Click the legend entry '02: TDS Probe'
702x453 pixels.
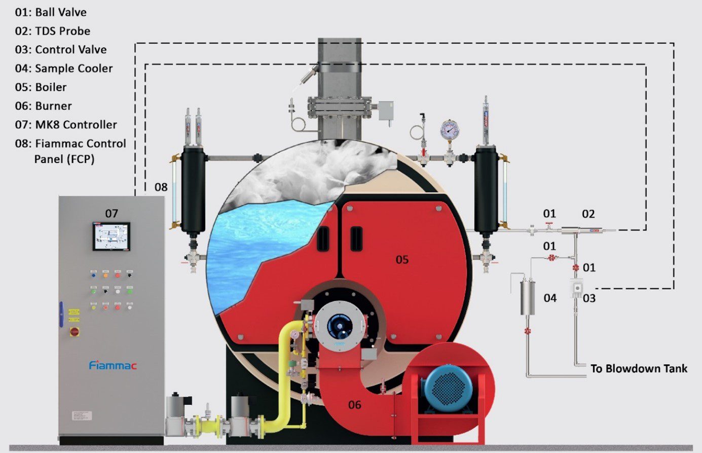pos(53,31)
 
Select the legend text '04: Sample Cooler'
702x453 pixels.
pos(64,68)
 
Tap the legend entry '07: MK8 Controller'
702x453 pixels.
pos(66,125)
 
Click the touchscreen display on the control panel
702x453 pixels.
pos(111,236)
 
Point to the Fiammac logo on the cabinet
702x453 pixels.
pos(113,365)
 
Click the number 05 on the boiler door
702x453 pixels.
pos(402,260)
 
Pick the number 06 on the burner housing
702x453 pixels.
pos(355,404)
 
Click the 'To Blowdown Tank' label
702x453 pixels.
pos(639,369)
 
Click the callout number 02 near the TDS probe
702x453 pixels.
pos(588,214)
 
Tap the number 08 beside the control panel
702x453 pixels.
pos(161,187)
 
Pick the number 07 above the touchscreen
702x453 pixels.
pos(112,214)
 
